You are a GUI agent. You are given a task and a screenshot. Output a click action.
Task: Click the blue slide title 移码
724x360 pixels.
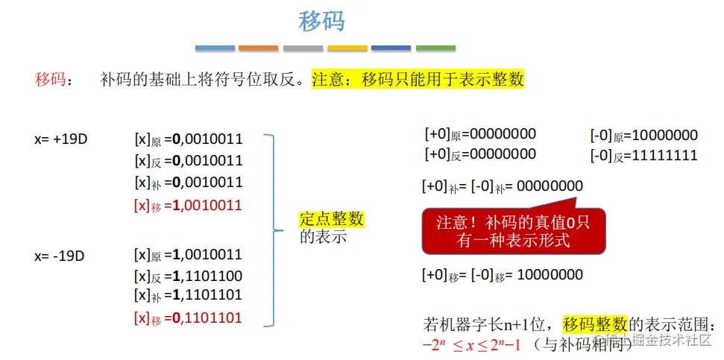[x=321, y=22]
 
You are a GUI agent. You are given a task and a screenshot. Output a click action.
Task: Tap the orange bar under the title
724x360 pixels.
[x=258, y=48]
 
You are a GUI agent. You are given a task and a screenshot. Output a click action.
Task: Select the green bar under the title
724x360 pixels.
[x=435, y=48]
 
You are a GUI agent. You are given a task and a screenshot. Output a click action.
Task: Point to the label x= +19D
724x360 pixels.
[x=61, y=139]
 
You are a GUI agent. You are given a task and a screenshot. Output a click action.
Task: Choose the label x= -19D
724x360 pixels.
[x=60, y=256]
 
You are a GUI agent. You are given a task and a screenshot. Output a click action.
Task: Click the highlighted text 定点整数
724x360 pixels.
[x=331, y=219]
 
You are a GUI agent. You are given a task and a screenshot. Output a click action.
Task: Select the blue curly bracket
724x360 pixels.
[x=271, y=230]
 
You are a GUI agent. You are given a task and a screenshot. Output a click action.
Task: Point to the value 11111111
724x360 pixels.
[x=664, y=156]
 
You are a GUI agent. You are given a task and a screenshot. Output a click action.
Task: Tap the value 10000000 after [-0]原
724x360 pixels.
[x=664, y=136]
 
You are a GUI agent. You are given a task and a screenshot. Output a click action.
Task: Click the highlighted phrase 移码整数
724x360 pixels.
[x=596, y=324]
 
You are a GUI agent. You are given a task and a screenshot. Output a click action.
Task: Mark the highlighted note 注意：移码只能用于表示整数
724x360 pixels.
[x=418, y=80]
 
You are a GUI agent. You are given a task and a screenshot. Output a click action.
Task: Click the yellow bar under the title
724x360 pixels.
[x=347, y=48]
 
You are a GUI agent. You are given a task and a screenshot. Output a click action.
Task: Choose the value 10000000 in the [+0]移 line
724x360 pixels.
[x=550, y=275]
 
